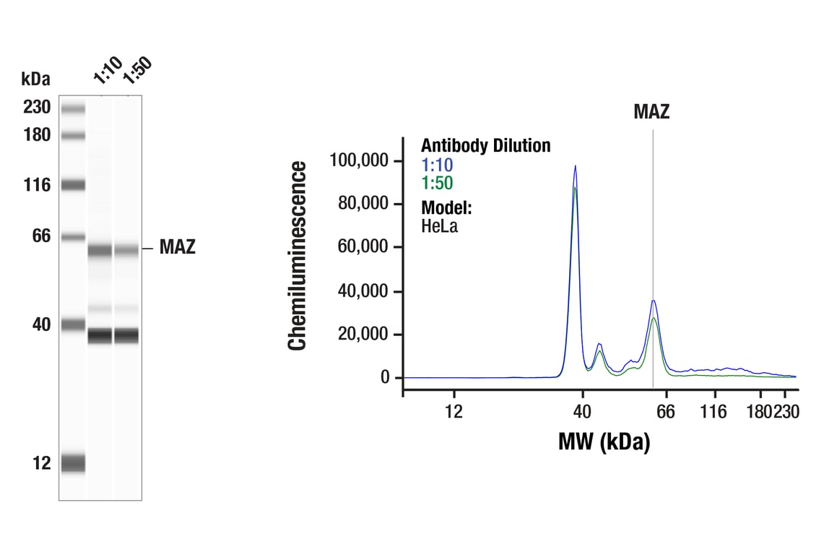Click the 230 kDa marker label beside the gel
click(36, 108)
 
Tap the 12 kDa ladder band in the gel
click(73, 462)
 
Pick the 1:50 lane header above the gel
click(136, 70)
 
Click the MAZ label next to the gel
click(177, 248)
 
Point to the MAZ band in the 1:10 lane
click(100, 251)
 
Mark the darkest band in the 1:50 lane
click(127, 336)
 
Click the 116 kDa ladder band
click(73, 185)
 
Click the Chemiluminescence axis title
click(298, 257)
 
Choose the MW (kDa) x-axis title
click(604, 442)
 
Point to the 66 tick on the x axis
click(665, 412)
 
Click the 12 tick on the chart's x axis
click(454, 412)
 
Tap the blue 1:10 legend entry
click(437, 165)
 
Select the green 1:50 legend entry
click(437, 184)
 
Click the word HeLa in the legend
click(439, 226)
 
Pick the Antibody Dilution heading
click(485, 146)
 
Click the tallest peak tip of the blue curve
click(575, 166)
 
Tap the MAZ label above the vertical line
click(651, 111)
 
